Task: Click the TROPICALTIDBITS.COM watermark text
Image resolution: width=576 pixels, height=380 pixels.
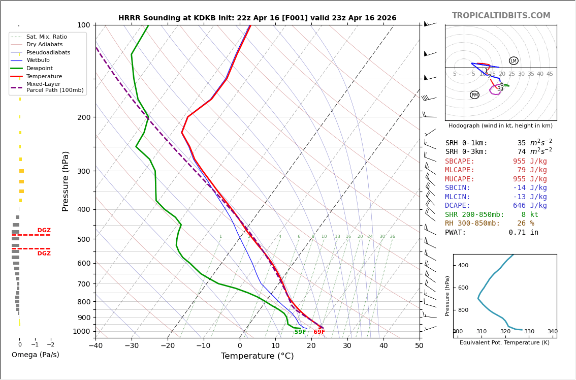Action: coord(501,16)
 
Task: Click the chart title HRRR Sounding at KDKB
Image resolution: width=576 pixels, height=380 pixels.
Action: coord(257,18)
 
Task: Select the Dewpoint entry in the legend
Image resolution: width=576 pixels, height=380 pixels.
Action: coord(40,68)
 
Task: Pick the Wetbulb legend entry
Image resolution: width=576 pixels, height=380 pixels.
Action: coord(38,60)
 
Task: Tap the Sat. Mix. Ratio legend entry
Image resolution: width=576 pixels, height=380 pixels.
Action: coord(46,37)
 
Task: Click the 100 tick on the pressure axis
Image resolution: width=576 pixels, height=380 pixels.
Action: coord(83,25)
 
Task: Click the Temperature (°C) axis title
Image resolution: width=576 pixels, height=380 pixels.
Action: coord(257,356)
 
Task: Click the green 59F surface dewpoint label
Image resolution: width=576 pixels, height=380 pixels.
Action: coord(300,332)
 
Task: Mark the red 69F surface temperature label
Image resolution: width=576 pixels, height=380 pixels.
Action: coord(319,332)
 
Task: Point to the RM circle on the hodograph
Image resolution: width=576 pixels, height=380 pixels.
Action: coord(474,95)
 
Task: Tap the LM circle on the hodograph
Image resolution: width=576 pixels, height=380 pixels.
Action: coord(514,61)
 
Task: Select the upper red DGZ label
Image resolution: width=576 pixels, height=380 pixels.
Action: coord(44,231)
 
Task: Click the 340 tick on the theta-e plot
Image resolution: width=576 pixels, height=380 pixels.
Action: coord(552,332)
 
